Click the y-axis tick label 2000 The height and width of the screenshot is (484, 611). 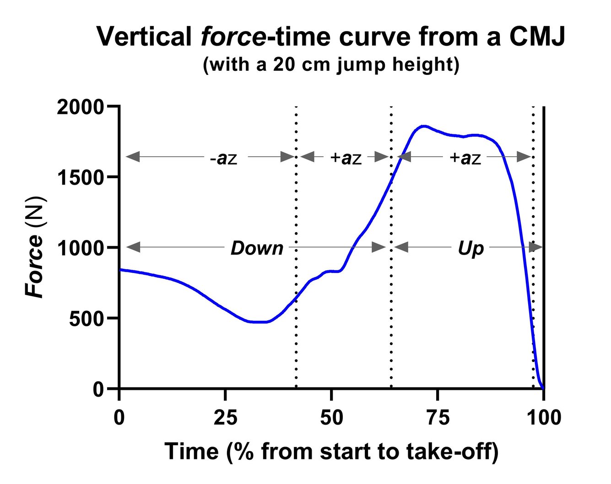[x=81, y=107]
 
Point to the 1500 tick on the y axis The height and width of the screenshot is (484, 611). [x=81, y=178]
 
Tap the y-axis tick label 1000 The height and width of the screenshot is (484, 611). [x=81, y=249]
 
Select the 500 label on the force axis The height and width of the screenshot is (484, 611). [x=87, y=319]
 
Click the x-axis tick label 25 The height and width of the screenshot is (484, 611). [x=225, y=417]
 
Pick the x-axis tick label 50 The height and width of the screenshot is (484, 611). [x=331, y=417]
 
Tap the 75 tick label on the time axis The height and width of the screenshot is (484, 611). [x=438, y=417]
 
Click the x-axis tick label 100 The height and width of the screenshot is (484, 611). [x=543, y=417]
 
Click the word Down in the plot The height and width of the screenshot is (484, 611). [x=257, y=248]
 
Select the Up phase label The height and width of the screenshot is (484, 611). [x=470, y=248]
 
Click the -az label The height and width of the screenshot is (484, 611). [x=223, y=158]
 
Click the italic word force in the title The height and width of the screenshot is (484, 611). [x=233, y=37]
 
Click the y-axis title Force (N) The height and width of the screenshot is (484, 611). [x=35, y=247]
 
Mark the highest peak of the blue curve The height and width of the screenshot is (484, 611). [x=423, y=126]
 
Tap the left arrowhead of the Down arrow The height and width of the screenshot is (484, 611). [x=133, y=247]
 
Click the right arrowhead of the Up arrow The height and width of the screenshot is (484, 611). [x=535, y=247]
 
